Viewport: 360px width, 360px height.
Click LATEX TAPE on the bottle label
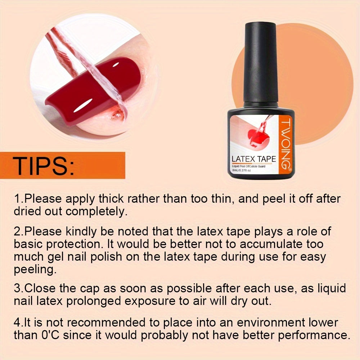(254, 158)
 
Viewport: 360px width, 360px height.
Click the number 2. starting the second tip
(19, 231)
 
